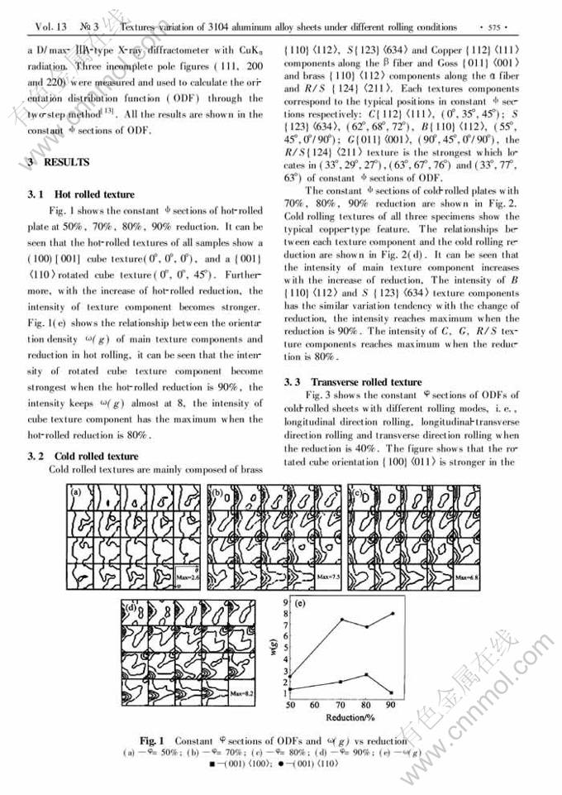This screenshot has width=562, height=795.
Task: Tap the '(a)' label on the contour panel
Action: click(x=75, y=495)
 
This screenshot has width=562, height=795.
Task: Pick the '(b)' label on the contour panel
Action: click(x=216, y=495)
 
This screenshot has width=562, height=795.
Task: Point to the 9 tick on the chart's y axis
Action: click(x=283, y=601)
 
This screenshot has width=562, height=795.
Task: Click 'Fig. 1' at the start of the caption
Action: click(x=152, y=740)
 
